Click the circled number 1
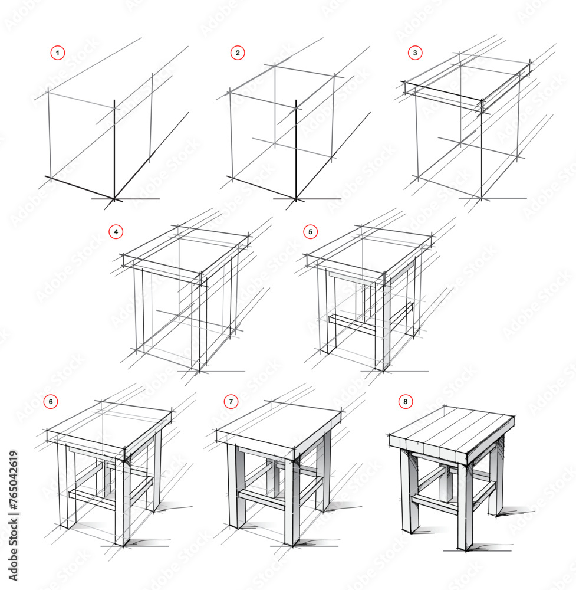coord(57,53)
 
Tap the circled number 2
coord(238,53)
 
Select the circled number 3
coord(415,53)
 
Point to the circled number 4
coord(116,232)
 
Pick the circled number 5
coord(311,232)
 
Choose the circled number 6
coord(51,402)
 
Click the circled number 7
coord(231,402)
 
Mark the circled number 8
coord(405,402)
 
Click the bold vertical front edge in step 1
coord(114,150)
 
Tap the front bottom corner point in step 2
coord(295,199)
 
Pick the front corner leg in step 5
coord(382,324)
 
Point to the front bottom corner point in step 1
coord(114,199)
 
